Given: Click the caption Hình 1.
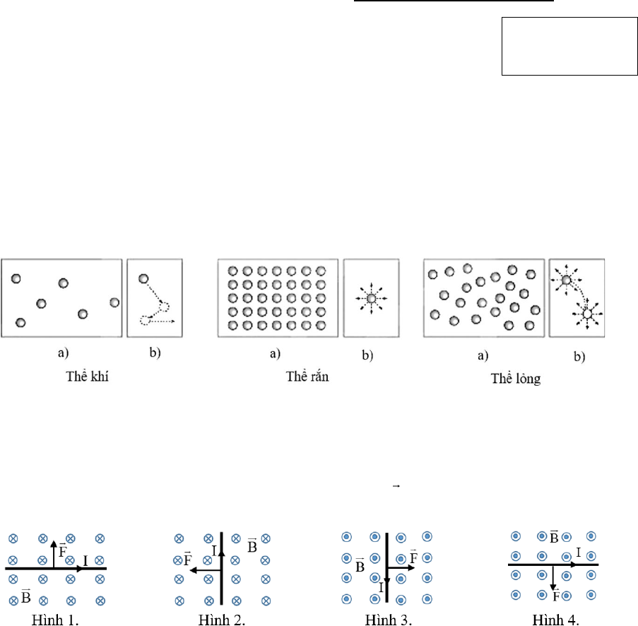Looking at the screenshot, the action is point(55,620).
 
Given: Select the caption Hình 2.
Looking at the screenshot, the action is point(222,620).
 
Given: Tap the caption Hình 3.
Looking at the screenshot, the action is point(388,620).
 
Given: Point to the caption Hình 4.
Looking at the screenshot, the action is point(555,620).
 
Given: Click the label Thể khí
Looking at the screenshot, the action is point(87,376).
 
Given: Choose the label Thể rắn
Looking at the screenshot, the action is point(307,376).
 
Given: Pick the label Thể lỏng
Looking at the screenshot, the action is point(516,379).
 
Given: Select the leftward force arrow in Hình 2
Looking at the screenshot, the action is point(206,570).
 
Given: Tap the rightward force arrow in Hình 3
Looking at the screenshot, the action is point(401,567).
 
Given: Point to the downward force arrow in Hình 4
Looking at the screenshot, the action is point(553,578).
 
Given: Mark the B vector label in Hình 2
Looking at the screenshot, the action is point(252,545).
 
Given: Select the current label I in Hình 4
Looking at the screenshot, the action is point(578,553).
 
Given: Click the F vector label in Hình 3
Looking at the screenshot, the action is point(413,556).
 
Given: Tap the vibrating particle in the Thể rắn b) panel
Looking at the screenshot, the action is point(371,298).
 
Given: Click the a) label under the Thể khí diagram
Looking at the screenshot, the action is point(63,353).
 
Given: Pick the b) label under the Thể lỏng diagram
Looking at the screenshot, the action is point(579,357).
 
